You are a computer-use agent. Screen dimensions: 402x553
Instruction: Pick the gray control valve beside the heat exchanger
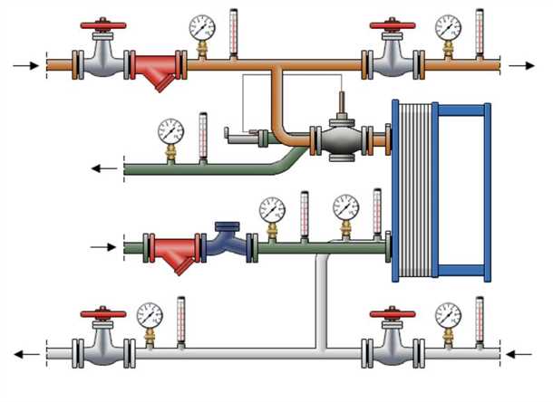[x=339, y=139]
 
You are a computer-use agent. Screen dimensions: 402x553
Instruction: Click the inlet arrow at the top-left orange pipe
[x=28, y=66]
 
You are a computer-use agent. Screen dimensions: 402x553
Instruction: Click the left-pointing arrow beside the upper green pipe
[x=105, y=167]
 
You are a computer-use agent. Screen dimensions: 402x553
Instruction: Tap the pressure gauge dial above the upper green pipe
[x=170, y=131]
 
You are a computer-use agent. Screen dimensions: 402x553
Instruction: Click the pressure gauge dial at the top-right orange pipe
[x=447, y=27]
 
